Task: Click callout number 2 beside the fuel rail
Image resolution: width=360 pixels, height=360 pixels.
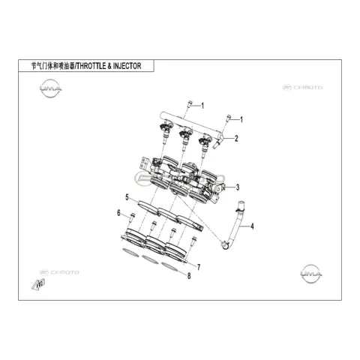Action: [x=236, y=138]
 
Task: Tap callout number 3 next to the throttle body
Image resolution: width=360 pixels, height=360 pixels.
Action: [x=238, y=187]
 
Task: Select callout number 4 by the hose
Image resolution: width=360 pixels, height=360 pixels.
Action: [x=252, y=226]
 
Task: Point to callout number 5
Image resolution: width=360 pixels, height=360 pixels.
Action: [x=127, y=197]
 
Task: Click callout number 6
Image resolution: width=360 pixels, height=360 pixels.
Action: [x=118, y=213]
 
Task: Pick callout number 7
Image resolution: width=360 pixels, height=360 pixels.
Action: [x=199, y=267]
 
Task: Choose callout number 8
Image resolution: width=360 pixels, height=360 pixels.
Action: [x=189, y=276]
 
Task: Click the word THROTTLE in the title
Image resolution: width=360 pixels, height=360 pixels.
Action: [x=91, y=66]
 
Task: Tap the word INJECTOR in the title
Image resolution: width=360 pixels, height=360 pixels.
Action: [x=127, y=66]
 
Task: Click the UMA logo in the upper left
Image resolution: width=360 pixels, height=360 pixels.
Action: [x=51, y=88]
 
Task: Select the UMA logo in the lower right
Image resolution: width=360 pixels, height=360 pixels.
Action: [x=310, y=274]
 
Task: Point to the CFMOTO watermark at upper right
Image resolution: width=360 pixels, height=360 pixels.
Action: [x=302, y=88]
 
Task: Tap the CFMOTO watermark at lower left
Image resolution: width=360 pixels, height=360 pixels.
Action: [x=59, y=272]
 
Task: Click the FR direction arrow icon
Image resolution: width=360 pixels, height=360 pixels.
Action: [x=38, y=284]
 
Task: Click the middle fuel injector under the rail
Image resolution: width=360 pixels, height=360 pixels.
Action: [x=184, y=138]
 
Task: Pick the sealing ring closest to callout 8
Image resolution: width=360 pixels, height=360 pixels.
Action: [x=171, y=267]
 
